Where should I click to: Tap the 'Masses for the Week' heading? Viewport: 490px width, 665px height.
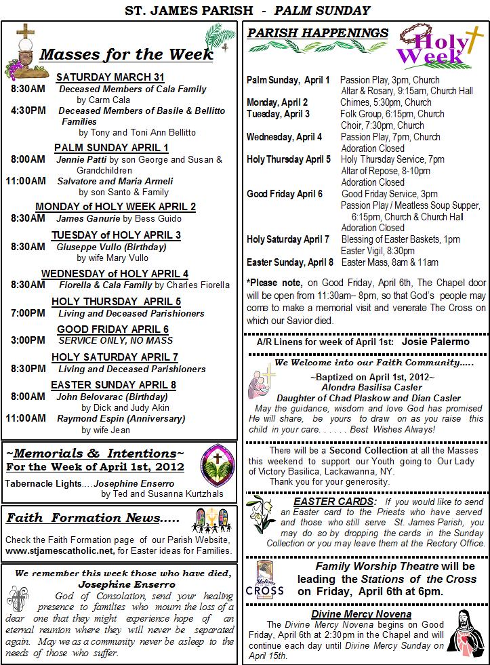point(126,55)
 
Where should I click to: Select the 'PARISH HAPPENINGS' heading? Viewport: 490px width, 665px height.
point(318,34)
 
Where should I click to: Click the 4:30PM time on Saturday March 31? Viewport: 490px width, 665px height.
point(28,110)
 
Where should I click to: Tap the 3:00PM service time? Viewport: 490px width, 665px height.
point(28,340)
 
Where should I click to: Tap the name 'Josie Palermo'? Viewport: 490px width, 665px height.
point(435,342)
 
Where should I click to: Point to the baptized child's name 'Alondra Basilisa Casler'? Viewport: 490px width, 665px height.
point(368,388)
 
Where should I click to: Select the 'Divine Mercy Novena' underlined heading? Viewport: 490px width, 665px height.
point(371,613)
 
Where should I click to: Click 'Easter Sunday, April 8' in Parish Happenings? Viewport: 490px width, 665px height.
point(290,262)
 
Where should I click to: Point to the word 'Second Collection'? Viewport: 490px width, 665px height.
point(369,450)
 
